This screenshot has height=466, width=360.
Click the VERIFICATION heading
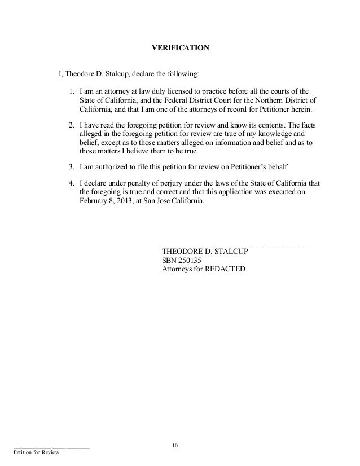pyautogui.click(x=181, y=49)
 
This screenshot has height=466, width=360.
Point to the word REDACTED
pyautogui.click(x=225, y=270)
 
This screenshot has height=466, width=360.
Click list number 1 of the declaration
pyautogui.click(x=71, y=90)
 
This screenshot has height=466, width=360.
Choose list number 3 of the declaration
pyautogui.click(x=71, y=166)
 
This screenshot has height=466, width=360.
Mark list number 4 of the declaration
pyautogui.click(x=71, y=183)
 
